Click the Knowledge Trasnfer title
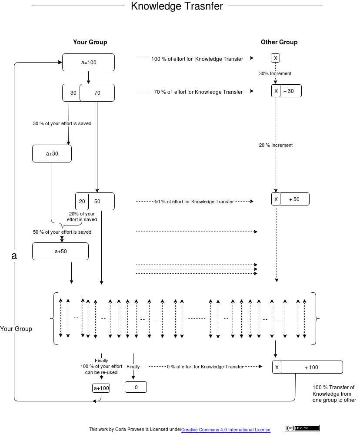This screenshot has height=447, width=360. (x=177, y=6)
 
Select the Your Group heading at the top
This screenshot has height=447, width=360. (x=90, y=42)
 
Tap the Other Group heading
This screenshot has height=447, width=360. (x=279, y=42)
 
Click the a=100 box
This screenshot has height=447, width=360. (x=89, y=63)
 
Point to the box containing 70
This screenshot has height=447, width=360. (x=97, y=93)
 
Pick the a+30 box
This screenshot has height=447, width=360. (x=52, y=154)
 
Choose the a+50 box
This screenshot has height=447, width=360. (x=60, y=252)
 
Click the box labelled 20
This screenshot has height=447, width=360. (x=82, y=202)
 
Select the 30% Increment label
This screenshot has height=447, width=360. (x=275, y=74)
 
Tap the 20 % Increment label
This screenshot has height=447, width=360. (x=276, y=145)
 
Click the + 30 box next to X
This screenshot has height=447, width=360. (x=290, y=91)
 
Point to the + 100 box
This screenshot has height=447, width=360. (x=312, y=368)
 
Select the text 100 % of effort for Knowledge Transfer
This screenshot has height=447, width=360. (x=197, y=59)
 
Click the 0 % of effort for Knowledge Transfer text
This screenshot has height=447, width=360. (x=205, y=367)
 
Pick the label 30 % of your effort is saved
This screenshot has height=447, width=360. (x=62, y=124)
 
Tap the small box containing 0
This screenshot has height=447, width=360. (x=136, y=387)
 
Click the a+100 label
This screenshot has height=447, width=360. (x=101, y=388)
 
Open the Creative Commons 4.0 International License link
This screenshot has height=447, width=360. (x=226, y=430)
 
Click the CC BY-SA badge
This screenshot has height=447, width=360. (x=302, y=428)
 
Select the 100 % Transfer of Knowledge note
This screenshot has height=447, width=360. (x=334, y=394)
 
